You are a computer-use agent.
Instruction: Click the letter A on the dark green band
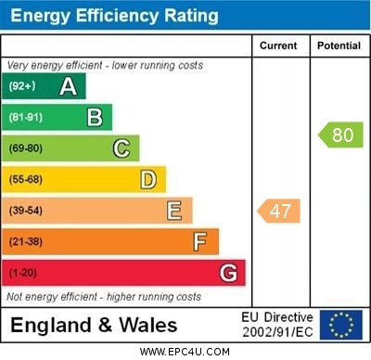tap(68, 86)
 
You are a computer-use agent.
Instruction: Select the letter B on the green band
tap(95, 117)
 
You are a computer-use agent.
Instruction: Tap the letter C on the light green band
tap(122, 148)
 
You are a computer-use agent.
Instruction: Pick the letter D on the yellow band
tap(148, 179)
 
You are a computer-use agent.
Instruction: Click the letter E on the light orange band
tap(174, 211)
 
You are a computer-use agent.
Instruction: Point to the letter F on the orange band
tap(200, 242)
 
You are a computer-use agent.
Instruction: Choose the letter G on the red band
tap(228, 273)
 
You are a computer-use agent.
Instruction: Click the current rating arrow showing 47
tap(279, 211)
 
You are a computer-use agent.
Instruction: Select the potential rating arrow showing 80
tap(341, 135)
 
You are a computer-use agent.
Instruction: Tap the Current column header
tap(278, 45)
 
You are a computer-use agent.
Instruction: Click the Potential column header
tap(339, 45)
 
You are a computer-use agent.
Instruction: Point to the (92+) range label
tap(21, 86)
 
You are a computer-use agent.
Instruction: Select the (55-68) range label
tap(27, 180)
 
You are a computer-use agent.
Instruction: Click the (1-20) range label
tap(23, 274)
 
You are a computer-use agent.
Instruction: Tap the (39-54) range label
tap(27, 212)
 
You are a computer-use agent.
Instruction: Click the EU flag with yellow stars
tap(341, 325)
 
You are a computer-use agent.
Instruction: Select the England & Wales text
tap(94, 326)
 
